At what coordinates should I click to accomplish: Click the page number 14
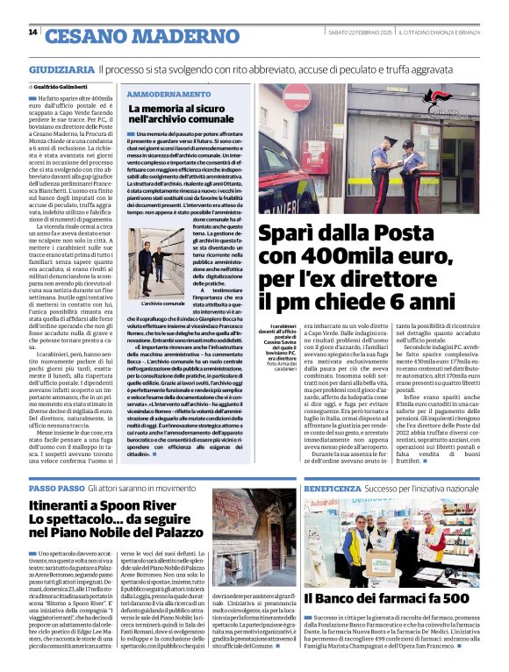(32, 32)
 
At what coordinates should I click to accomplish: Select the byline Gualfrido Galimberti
(62, 88)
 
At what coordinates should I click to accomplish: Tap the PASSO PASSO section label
(55, 488)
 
